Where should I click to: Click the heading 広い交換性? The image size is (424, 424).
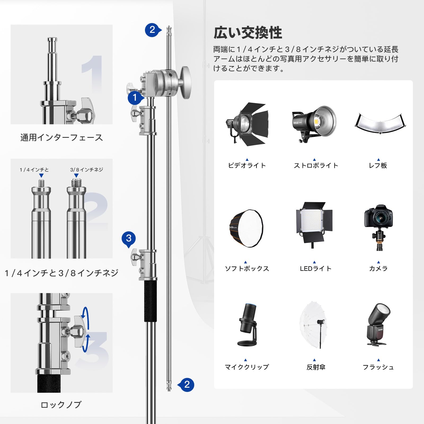(x=248, y=33)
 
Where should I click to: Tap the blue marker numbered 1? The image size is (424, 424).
(x=135, y=98)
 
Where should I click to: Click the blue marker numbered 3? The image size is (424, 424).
(x=129, y=238)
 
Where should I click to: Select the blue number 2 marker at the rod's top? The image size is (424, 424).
(x=152, y=30)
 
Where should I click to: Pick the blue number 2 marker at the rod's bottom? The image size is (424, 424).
(x=187, y=384)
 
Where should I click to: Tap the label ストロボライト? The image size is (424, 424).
(x=316, y=166)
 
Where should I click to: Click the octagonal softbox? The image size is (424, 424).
(x=246, y=228)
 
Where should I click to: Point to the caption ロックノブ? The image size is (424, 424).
(x=61, y=405)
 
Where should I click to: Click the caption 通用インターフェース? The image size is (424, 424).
(x=61, y=138)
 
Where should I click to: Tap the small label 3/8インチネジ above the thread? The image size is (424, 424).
(x=86, y=170)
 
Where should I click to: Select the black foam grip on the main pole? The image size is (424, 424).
(x=151, y=301)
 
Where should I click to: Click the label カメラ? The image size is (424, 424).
(x=378, y=268)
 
